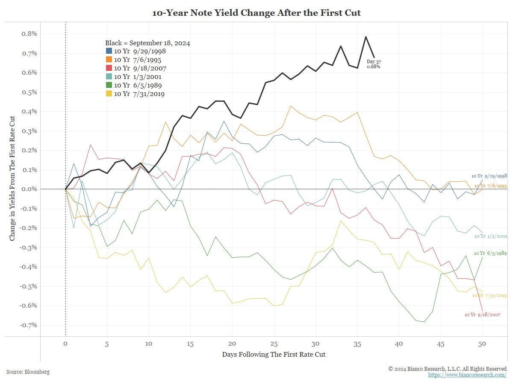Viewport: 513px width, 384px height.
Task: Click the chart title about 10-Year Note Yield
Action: pos(256,13)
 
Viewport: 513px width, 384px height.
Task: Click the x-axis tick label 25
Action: pos(274,344)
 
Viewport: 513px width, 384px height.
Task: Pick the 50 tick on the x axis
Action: pos(482,344)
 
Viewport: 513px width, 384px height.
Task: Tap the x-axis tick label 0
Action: pos(65,344)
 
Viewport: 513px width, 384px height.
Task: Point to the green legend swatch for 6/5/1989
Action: pos(109,85)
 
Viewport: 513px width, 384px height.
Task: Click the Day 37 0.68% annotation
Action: pos(374,64)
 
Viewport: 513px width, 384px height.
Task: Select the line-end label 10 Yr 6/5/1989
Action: pos(490,253)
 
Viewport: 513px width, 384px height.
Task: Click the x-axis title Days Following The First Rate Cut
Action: pos(274,355)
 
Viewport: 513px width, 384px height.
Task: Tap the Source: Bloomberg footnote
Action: pos(28,372)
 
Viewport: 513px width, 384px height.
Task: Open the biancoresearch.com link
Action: pos(467,375)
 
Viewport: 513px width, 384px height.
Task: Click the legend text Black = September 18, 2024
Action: pos(147,43)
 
